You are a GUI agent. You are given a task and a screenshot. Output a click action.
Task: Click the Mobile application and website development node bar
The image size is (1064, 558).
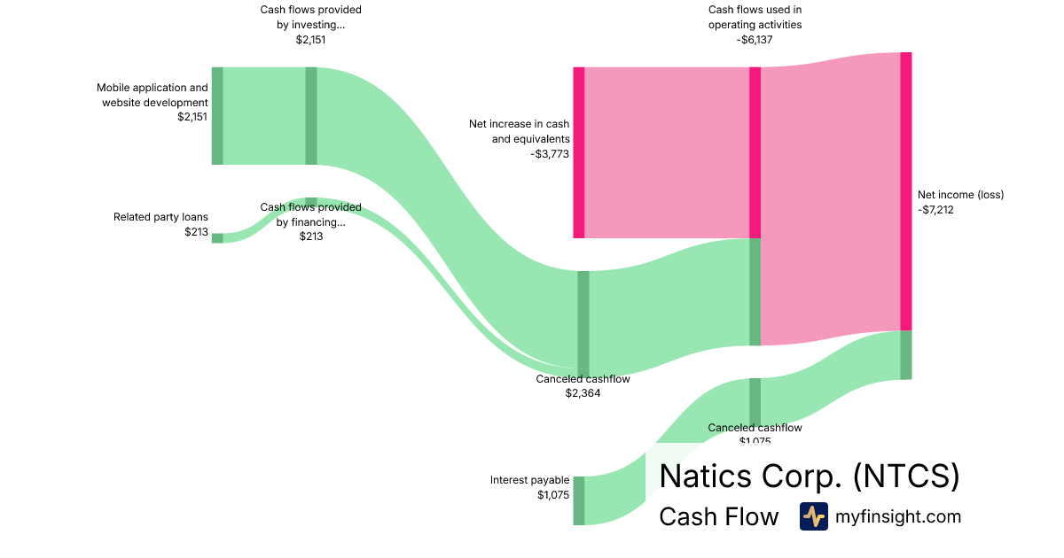click(x=217, y=115)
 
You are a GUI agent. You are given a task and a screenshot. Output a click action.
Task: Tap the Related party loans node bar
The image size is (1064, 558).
click(x=217, y=237)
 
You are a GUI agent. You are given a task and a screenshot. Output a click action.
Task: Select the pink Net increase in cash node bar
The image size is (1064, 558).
click(x=579, y=152)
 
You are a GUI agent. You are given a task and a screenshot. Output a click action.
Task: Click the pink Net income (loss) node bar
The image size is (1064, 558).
click(x=905, y=190)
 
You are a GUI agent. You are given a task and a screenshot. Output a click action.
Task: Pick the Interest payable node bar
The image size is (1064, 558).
click(x=579, y=500)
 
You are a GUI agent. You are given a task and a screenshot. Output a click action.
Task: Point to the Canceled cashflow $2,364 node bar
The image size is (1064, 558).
click(x=583, y=323)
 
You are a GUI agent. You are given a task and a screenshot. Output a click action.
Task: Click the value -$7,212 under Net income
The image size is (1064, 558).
click(x=935, y=210)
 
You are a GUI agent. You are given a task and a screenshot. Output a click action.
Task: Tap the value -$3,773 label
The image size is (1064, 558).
click(x=550, y=153)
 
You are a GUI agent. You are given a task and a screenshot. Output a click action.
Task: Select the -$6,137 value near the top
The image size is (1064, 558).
click(x=755, y=39)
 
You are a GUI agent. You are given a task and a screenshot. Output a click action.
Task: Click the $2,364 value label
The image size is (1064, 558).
click(x=583, y=393)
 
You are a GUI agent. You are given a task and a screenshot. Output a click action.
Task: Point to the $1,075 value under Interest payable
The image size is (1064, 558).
click(x=552, y=495)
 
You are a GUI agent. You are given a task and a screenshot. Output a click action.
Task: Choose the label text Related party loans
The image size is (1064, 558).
click(x=160, y=217)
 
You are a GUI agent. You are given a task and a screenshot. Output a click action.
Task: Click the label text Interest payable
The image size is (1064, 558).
click(x=529, y=480)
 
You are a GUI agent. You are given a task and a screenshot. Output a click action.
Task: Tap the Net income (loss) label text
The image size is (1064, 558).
click(x=960, y=195)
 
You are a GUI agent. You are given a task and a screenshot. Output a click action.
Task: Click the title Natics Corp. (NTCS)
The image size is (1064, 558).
click(x=809, y=476)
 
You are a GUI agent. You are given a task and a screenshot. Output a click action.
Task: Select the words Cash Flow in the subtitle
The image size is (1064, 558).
click(x=718, y=516)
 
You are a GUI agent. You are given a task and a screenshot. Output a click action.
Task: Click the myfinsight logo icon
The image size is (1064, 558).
click(x=813, y=516)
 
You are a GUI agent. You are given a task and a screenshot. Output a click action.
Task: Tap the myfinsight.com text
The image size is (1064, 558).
click(x=897, y=516)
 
